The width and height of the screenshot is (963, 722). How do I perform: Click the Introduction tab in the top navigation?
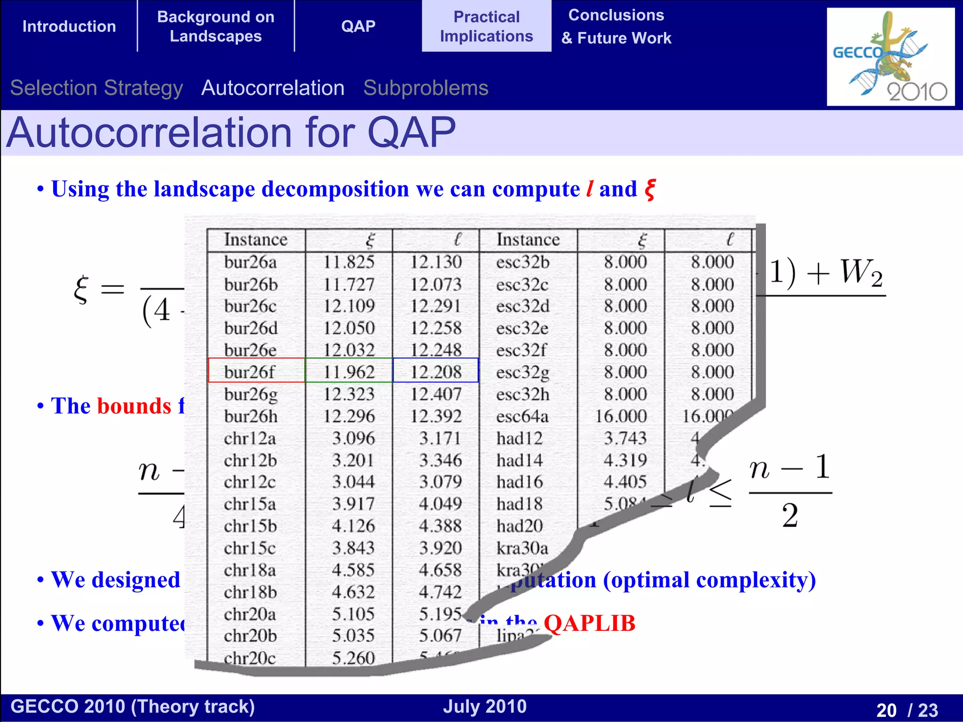coord(69,26)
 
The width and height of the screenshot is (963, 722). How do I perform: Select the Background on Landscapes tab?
coord(215,26)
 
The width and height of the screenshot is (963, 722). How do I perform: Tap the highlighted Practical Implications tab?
coord(486,26)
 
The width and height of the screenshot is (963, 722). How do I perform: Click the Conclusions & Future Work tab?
coord(616,26)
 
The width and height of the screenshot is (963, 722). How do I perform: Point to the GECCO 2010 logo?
coord(890,57)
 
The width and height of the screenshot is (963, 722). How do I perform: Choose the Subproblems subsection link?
coord(426,88)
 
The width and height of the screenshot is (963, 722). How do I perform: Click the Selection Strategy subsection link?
coord(96,88)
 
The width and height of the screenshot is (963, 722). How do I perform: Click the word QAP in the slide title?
coord(411,133)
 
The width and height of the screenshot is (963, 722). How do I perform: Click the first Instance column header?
coord(255,240)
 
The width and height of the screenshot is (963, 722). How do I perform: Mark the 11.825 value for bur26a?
coord(348,262)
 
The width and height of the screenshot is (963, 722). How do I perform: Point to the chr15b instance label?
coord(250,526)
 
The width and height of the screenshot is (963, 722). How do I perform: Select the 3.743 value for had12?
coord(625,438)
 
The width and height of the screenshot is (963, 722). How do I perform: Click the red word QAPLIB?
coord(589,623)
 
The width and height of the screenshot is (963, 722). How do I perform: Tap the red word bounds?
coord(134,406)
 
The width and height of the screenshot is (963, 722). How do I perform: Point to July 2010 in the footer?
coord(484,706)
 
